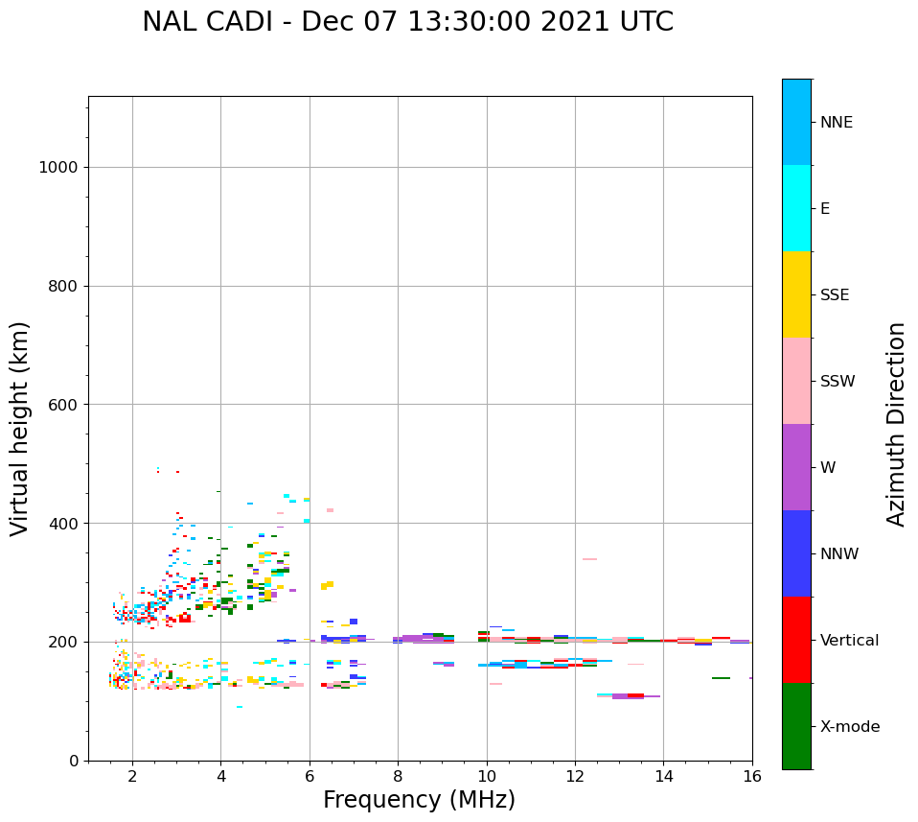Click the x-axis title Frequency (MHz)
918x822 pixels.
[419, 800]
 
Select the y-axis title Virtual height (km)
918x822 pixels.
[20, 429]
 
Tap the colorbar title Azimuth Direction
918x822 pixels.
[896, 424]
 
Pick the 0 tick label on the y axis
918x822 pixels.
[72, 761]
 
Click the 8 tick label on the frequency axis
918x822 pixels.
[398, 776]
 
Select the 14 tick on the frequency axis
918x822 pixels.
[664, 776]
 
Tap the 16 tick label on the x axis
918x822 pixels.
[752, 776]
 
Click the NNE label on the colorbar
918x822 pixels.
[836, 123]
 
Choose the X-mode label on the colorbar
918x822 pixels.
[849, 727]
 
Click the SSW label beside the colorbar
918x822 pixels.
[838, 382]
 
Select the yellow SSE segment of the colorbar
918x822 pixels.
[796, 294]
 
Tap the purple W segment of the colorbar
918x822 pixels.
[796, 467]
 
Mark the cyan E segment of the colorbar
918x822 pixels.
[796, 208]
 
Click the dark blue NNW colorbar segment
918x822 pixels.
[796, 553]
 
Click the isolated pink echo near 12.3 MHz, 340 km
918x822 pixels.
[589, 559]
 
